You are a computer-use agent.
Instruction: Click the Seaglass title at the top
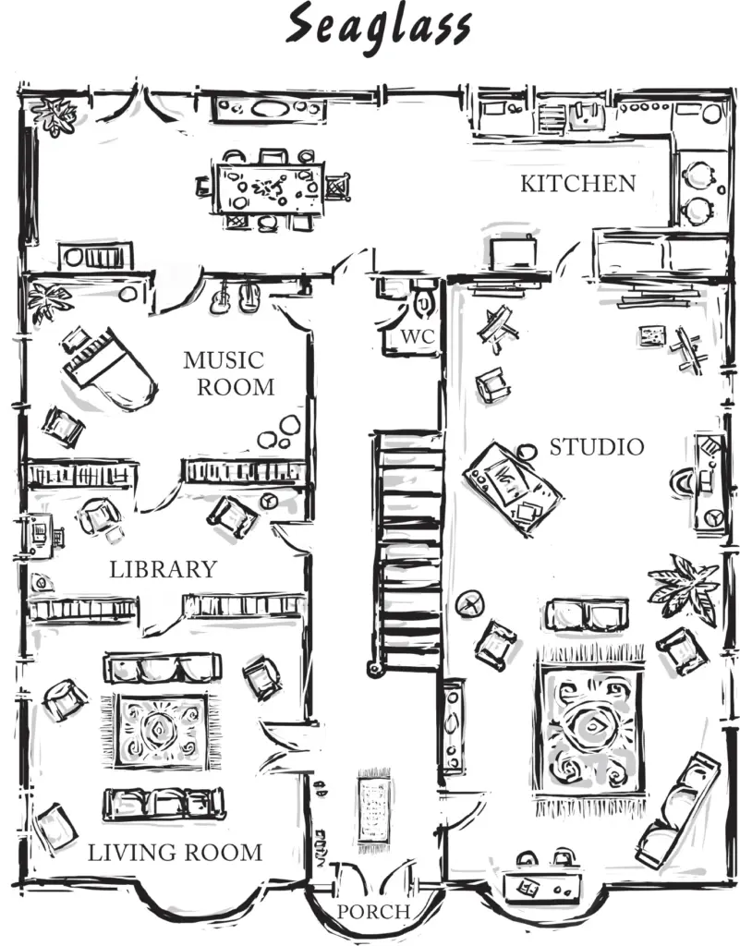click(x=378, y=27)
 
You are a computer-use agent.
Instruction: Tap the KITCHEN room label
click(x=578, y=184)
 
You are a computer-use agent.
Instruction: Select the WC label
click(x=418, y=336)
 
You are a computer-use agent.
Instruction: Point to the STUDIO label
click(x=597, y=447)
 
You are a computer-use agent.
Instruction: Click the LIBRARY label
click(x=163, y=569)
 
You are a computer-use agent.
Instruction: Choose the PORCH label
click(x=373, y=912)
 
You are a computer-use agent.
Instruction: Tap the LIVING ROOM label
click(x=175, y=853)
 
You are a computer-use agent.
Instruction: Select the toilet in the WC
click(x=426, y=300)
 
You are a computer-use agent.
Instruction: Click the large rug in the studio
click(x=591, y=729)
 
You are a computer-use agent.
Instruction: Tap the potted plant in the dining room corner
click(x=55, y=115)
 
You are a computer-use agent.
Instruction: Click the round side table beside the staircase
click(x=470, y=603)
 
